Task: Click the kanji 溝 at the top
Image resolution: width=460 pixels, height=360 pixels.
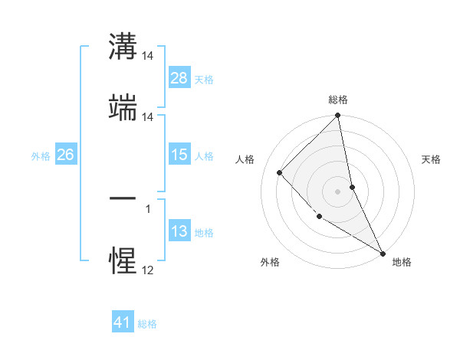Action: click(x=123, y=47)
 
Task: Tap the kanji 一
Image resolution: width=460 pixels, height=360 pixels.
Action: click(x=123, y=198)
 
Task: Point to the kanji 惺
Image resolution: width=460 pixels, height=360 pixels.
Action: click(x=123, y=260)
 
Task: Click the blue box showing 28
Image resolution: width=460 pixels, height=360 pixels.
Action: click(x=179, y=78)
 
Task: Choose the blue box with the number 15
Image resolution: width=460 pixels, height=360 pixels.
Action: click(x=179, y=155)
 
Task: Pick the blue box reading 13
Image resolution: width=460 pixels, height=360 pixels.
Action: click(x=179, y=231)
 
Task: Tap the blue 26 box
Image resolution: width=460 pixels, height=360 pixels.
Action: click(x=65, y=155)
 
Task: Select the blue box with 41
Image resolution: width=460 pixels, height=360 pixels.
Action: click(x=123, y=322)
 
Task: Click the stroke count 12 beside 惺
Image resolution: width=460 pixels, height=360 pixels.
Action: click(x=147, y=270)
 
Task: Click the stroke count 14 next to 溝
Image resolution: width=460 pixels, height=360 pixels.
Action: click(x=147, y=56)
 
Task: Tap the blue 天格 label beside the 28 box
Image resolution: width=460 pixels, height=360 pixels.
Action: click(x=204, y=79)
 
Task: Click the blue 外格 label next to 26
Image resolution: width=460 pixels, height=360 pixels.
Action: click(x=41, y=155)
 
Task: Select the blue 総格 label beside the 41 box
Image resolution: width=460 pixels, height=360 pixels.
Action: click(x=147, y=323)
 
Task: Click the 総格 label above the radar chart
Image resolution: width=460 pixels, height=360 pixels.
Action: click(x=338, y=100)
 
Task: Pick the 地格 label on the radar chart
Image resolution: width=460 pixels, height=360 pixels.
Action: click(x=402, y=262)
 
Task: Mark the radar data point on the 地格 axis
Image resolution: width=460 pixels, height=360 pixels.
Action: click(x=383, y=253)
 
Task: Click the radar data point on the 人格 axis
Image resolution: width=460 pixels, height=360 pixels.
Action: click(x=280, y=172)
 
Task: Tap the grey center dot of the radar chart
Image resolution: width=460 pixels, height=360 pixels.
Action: click(x=338, y=191)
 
